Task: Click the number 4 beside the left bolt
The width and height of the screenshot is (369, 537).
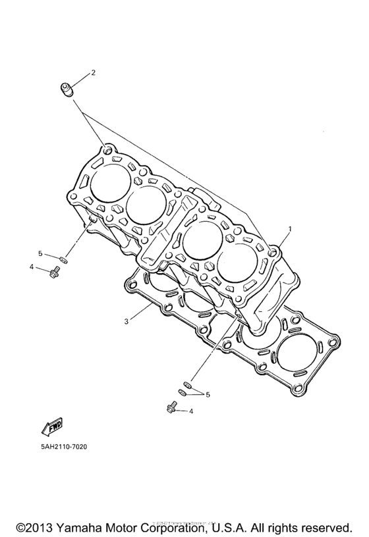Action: point(31,267)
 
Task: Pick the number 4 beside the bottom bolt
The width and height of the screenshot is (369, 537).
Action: point(191,411)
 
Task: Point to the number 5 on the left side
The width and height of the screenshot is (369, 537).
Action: point(40,253)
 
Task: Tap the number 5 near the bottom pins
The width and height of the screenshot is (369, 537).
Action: point(208,394)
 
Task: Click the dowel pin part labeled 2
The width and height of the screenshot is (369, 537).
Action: point(67,88)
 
